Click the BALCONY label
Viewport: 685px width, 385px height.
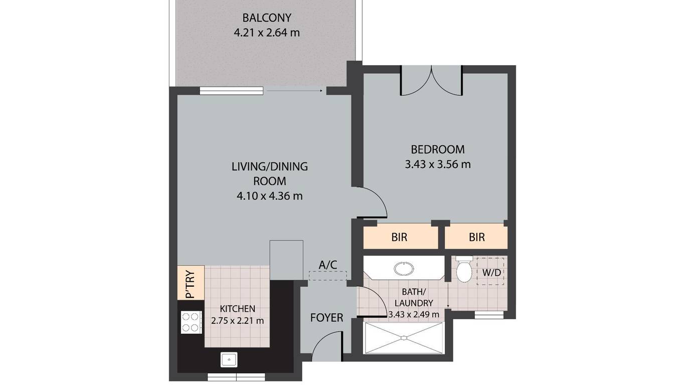(267, 18)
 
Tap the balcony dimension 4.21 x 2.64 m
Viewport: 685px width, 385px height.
(267, 33)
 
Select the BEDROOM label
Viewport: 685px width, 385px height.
(438, 149)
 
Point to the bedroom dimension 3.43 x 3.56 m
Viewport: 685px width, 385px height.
(438, 164)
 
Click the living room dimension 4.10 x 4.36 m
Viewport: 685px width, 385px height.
(270, 196)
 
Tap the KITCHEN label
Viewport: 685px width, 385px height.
(238, 309)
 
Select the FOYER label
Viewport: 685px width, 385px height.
(326, 318)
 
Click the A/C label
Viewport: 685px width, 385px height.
(328, 265)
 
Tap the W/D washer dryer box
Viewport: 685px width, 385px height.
(490, 272)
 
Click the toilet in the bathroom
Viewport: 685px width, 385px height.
(464, 269)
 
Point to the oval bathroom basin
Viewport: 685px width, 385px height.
(404, 269)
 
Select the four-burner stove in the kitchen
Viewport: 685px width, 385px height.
(191, 322)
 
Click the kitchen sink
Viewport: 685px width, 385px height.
(229, 359)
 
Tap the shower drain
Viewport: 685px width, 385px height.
(404, 338)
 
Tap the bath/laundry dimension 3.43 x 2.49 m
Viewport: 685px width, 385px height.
(414, 314)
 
